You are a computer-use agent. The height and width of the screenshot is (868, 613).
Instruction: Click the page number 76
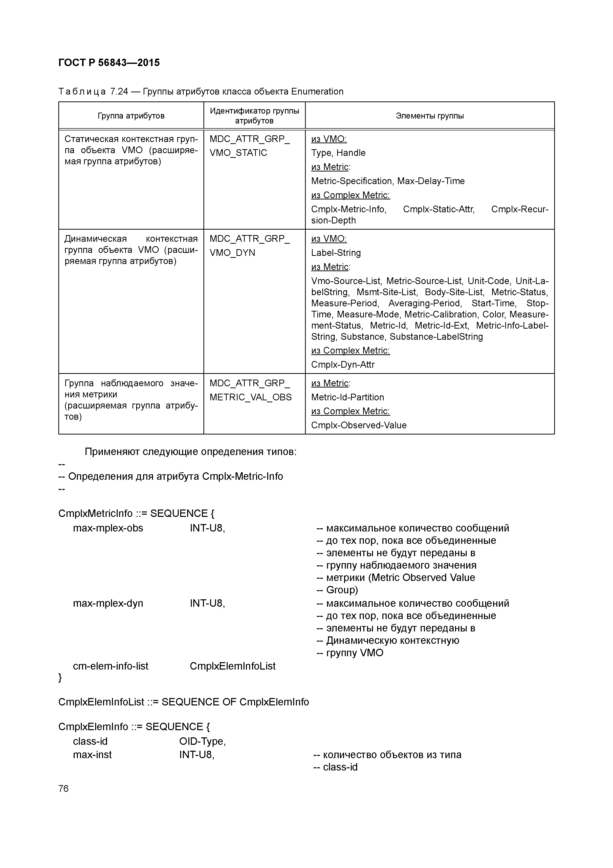(x=64, y=788)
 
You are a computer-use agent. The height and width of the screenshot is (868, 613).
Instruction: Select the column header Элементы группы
(x=429, y=116)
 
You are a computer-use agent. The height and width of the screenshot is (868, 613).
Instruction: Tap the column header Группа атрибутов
(x=131, y=116)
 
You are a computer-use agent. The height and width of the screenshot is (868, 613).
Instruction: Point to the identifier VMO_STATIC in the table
(x=238, y=153)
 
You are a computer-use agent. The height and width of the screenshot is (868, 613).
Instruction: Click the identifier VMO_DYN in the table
(x=232, y=253)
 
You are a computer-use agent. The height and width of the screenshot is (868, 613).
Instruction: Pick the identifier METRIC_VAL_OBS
(x=250, y=397)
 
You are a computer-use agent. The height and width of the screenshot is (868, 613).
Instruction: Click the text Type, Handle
(x=338, y=153)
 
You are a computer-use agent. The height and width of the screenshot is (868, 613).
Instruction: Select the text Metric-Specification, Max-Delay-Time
(x=388, y=181)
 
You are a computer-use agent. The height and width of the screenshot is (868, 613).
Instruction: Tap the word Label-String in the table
(x=336, y=253)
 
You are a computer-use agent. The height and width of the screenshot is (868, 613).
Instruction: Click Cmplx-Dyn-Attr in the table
(x=343, y=364)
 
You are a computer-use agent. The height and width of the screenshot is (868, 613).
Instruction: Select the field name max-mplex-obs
(x=108, y=528)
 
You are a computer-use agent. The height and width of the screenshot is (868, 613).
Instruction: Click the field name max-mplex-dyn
(x=108, y=603)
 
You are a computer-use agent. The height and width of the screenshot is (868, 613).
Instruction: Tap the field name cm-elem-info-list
(x=110, y=666)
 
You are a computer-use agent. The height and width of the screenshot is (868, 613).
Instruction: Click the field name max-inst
(x=92, y=755)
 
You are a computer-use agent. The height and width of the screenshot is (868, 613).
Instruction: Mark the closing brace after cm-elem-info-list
(x=60, y=678)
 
